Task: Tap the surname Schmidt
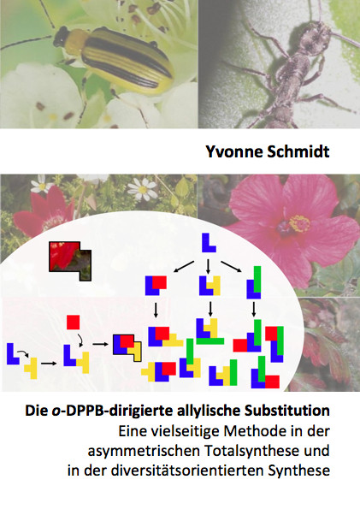click(298, 151)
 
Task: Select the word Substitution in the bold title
click(287, 411)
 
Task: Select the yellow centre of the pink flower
click(299, 223)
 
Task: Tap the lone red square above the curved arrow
click(73, 322)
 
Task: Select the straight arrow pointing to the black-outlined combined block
click(100, 344)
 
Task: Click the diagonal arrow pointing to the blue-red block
click(184, 266)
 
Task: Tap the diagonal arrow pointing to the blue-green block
click(232, 266)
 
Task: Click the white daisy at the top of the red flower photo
click(143, 188)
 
